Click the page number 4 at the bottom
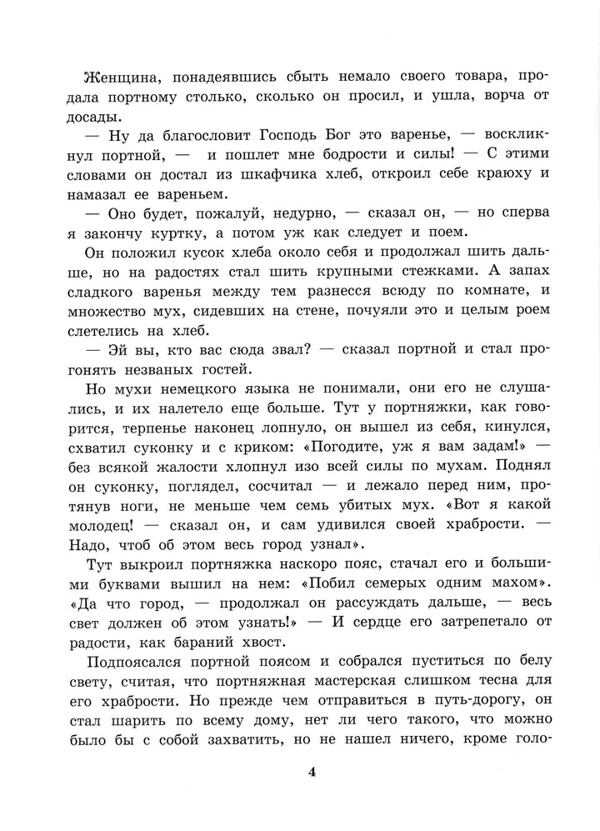click(312, 772)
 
